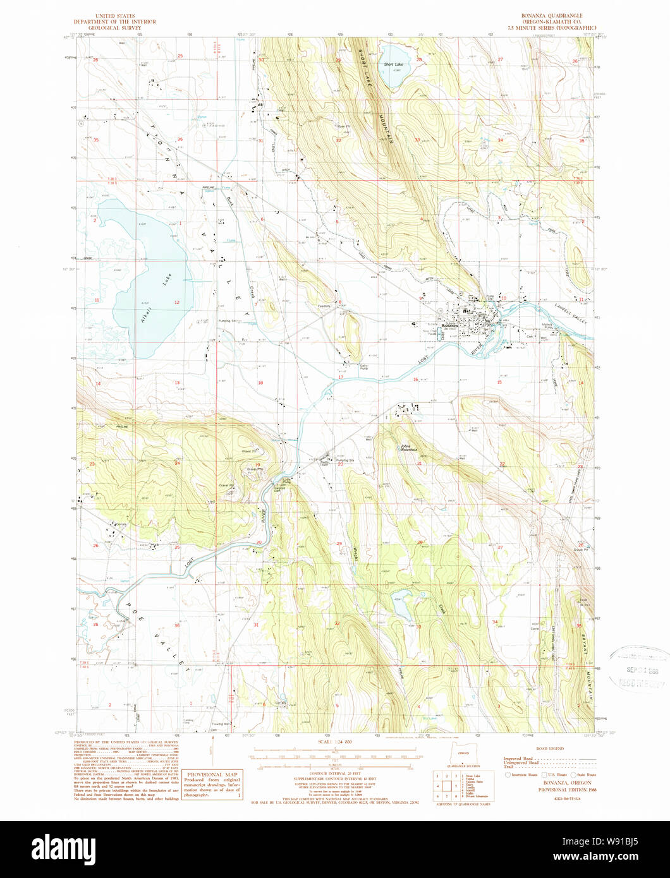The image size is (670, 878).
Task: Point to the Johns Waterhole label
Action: pos(409,448)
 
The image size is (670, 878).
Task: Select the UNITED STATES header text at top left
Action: pos(118,15)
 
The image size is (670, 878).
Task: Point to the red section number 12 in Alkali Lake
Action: pos(176,303)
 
